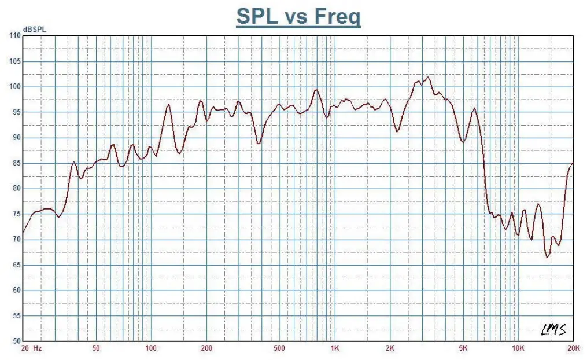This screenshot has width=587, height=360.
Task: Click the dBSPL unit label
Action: coord(34,29)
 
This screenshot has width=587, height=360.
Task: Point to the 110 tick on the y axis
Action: coord(14,36)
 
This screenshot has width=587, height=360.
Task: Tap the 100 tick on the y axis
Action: coord(14,87)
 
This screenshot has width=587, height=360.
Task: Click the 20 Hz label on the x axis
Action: coord(31,348)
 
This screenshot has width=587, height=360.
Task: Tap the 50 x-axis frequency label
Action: coord(96,348)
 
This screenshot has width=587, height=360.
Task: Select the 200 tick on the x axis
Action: coord(206,348)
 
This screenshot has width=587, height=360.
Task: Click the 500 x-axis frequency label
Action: coord(279,348)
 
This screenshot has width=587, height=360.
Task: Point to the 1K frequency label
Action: coord(335,348)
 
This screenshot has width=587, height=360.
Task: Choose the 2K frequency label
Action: coord(390,348)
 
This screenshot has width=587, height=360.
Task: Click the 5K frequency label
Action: coord(463,348)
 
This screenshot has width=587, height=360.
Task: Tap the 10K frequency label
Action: coord(518,348)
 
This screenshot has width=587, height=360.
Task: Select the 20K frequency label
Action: coord(573,348)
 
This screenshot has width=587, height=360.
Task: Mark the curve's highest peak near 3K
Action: coord(428,77)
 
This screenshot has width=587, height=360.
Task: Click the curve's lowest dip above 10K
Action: coord(547,257)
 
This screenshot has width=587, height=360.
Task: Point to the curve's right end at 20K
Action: coord(573,164)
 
